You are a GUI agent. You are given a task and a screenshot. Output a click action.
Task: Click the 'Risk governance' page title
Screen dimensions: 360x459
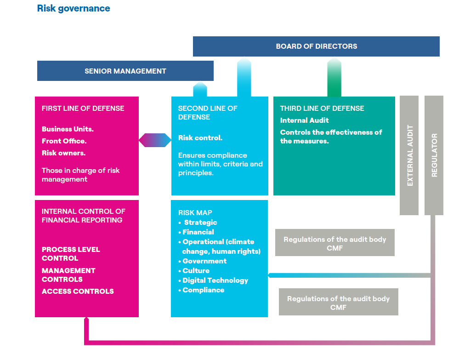74,8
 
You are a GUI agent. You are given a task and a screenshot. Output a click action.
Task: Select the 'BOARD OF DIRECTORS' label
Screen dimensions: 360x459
316,46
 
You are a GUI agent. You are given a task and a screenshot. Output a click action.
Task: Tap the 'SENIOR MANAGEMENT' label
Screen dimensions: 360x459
125,71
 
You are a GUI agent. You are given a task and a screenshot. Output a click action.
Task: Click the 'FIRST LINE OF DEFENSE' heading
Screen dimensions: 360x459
83,109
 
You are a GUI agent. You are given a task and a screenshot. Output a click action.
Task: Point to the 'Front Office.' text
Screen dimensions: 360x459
64,141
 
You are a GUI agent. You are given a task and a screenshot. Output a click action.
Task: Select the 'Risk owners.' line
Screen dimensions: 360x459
63,153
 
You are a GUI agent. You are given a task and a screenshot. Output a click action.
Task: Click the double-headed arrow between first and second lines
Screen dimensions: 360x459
155,140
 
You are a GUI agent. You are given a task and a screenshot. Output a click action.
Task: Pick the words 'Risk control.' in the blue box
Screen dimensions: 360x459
200,138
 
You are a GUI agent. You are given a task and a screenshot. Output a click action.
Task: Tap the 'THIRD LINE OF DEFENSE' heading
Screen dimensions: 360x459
322,109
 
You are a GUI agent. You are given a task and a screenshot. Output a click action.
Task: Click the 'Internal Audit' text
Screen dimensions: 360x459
304,120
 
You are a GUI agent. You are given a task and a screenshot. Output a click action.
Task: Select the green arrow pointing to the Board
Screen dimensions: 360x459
334,78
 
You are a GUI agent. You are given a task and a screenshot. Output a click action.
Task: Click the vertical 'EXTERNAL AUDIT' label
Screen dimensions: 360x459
410,155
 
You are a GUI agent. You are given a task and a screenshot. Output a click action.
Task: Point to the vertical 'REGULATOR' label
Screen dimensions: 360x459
434,155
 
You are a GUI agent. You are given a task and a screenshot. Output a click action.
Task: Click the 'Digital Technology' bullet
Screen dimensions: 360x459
215,280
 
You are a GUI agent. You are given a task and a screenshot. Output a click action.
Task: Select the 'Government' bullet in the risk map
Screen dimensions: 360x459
204,261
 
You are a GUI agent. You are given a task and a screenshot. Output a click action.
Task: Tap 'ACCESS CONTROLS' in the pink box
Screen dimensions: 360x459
78,291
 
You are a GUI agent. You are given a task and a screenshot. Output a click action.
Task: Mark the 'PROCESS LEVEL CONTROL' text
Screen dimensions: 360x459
70,254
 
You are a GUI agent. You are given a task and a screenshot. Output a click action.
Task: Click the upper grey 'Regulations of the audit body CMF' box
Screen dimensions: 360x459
334,244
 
